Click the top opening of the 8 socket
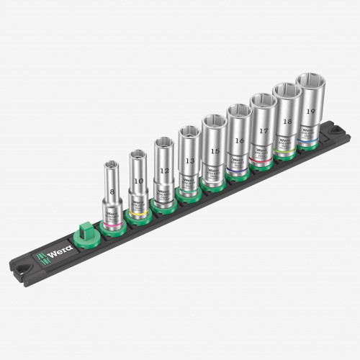coord(115,165)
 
